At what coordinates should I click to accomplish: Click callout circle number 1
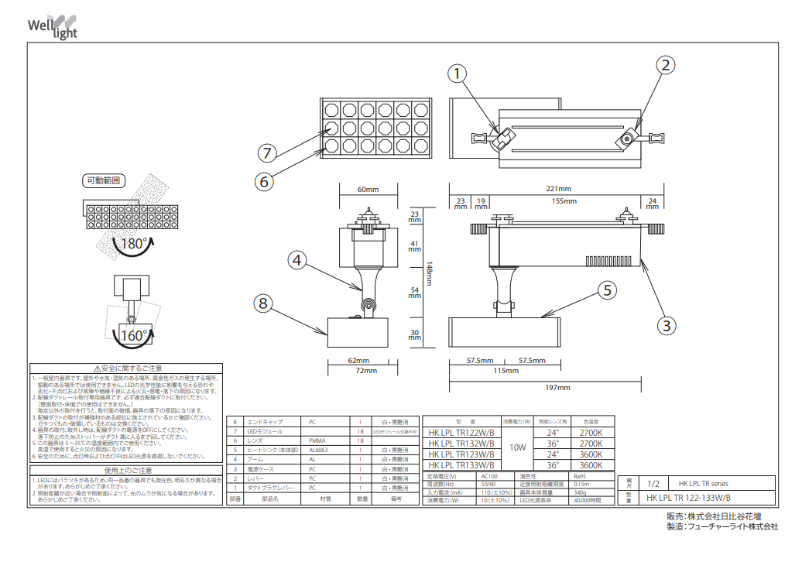tap(458, 74)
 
